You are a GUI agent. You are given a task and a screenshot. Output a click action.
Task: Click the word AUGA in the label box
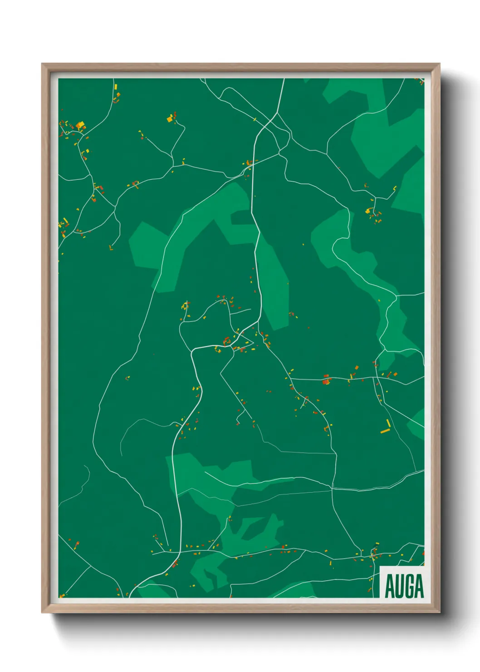tap(404, 586)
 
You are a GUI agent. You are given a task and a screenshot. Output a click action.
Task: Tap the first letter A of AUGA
tap(390, 586)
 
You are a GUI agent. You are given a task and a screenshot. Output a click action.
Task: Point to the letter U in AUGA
tap(399, 586)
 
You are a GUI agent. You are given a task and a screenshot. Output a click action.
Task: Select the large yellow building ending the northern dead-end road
tap(170, 119)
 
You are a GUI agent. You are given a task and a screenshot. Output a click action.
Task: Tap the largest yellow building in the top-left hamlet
tap(80, 125)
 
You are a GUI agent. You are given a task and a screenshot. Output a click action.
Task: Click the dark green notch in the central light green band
tap(240, 217)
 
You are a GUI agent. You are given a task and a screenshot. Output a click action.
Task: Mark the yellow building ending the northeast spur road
tap(394, 188)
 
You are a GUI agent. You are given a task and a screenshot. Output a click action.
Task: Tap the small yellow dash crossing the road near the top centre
tap(255, 120)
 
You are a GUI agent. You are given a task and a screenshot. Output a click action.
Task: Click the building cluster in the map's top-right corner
tap(421, 81)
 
